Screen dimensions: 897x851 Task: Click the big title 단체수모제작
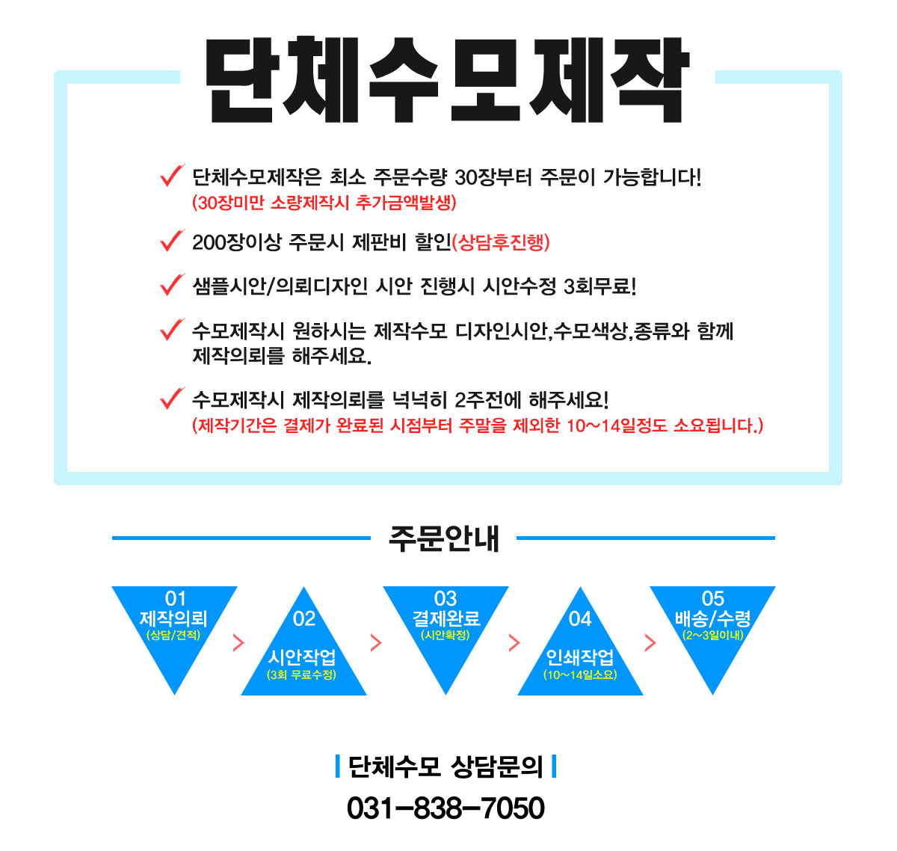(x=446, y=80)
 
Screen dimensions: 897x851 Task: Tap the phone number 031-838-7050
(x=446, y=808)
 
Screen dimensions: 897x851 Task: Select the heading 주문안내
(x=443, y=538)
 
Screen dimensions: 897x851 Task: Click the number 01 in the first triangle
(x=175, y=598)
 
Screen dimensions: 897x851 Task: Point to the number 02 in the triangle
(x=304, y=619)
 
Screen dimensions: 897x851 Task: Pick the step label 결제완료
(x=446, y=618)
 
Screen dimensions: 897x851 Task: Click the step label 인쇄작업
(x=580, y=657)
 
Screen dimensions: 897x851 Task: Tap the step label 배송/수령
(x=712, y=618)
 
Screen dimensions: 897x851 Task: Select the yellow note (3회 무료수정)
(x=301, y=675)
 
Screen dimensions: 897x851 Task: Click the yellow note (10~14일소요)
(x=580, y=675)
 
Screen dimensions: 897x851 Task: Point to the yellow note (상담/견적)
(x=173, y=635)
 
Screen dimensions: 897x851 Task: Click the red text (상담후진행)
(x=501, y=242)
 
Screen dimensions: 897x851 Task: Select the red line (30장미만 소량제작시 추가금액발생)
(x=324, y=202)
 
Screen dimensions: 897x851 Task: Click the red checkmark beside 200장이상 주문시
(x=172, y=240)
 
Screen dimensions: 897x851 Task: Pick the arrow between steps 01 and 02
(x=238, y=643)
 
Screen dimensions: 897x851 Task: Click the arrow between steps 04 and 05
(x=650, y=643)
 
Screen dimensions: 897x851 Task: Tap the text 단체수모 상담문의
(x=446, y=766)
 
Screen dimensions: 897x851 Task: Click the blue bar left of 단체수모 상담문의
(x=338, y=766)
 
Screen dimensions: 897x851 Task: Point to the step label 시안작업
(x=301, y=657)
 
